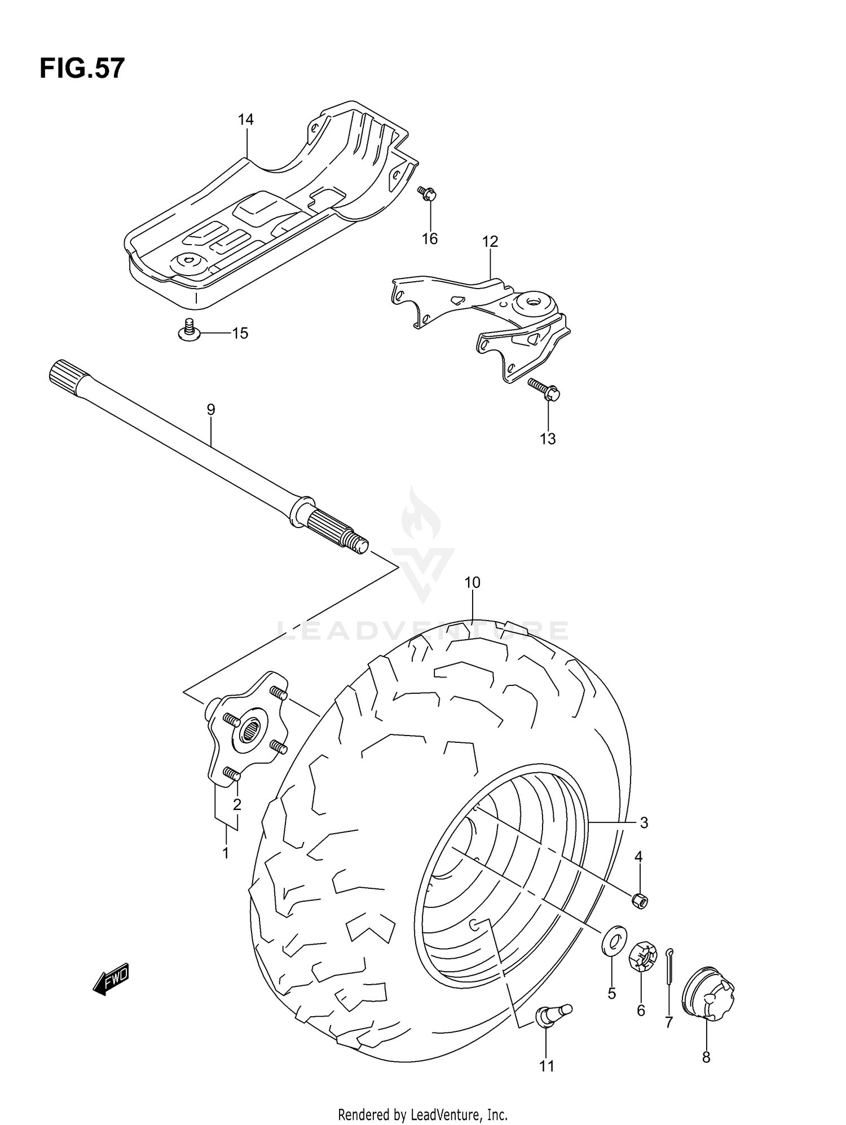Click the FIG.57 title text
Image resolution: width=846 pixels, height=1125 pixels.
coord(82,69)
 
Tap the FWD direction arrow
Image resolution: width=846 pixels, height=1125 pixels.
coord(111,981)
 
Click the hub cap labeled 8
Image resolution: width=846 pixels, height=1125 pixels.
coord(708,993)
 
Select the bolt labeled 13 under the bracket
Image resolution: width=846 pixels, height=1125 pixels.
coord(545,389)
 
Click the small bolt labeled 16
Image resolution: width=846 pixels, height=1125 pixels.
coord(428,194)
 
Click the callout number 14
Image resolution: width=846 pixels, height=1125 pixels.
coord(245,119)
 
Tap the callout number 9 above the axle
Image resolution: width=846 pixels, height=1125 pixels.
coord(211,410)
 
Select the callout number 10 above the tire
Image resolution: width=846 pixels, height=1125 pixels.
coord(472,582)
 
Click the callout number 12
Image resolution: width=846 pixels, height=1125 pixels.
coord(490,242)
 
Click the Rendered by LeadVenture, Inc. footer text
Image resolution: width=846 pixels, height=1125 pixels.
coord(422,1114)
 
